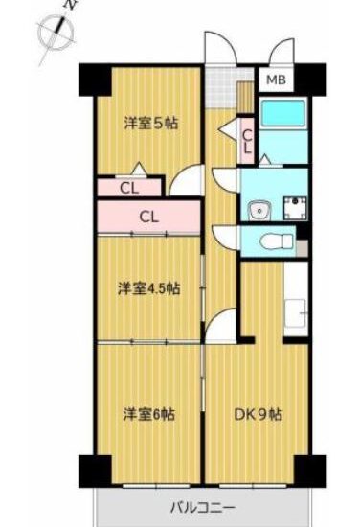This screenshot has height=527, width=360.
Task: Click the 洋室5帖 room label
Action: (150, 124)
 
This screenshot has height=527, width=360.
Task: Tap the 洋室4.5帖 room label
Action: (148, 288)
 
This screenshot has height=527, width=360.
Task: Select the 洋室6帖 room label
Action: (149, 414)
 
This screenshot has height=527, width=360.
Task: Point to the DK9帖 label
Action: (258, 414)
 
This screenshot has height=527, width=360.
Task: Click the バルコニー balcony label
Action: (202, 507)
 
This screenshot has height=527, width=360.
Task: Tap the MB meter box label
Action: (276, 80)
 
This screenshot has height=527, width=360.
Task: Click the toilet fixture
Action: (277, 241)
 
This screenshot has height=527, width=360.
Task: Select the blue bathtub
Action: (283, 113)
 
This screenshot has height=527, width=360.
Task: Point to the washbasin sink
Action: (259, 211)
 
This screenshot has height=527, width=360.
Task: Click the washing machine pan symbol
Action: (295, 208)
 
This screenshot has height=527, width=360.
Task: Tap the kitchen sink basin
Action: (296, 313)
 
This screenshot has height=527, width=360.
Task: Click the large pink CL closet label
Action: (148, 218)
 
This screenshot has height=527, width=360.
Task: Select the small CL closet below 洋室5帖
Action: (129, 189)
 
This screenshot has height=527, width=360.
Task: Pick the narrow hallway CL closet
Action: (247, 142)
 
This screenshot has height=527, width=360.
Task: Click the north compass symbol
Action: (56, 32)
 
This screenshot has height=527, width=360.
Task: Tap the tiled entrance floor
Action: (221, 87)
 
